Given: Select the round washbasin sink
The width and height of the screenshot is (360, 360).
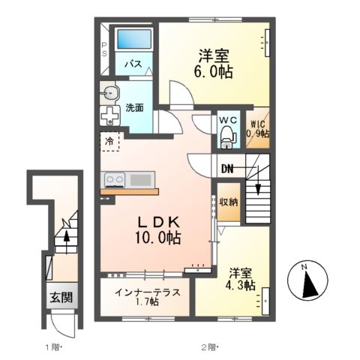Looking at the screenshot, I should pos(112,94).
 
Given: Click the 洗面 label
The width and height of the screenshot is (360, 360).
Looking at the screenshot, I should pos(135,107).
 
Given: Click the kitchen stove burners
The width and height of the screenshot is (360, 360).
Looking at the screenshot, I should pos(115,180).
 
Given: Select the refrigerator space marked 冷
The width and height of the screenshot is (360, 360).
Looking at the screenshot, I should pos(109,140).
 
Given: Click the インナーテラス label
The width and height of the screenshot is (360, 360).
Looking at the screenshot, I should pos(148,290).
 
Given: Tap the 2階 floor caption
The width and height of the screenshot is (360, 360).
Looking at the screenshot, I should pos(208,347).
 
